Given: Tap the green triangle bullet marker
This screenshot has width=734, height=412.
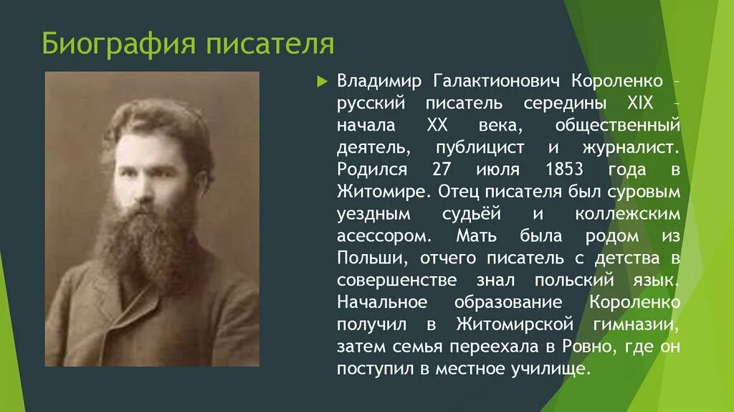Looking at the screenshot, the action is [322, 82].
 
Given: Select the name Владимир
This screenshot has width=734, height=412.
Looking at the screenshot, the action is [379, 82].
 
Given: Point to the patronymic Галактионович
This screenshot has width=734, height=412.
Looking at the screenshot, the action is [496, 82].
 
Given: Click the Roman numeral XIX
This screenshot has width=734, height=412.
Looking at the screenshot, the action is [640, 103].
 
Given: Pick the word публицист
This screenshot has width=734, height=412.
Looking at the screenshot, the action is [480, 148].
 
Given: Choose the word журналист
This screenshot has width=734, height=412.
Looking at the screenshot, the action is [631, 148].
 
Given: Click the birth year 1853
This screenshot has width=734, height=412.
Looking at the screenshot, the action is [565, 169].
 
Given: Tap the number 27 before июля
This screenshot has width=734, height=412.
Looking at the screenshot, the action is [442, 169].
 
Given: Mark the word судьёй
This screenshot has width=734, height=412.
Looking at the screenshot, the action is [472, 214].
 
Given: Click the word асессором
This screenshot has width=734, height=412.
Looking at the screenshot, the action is [384, 236].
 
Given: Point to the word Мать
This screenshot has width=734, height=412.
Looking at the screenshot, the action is [476, 235].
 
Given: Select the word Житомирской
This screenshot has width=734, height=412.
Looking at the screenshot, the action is [515, 324].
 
